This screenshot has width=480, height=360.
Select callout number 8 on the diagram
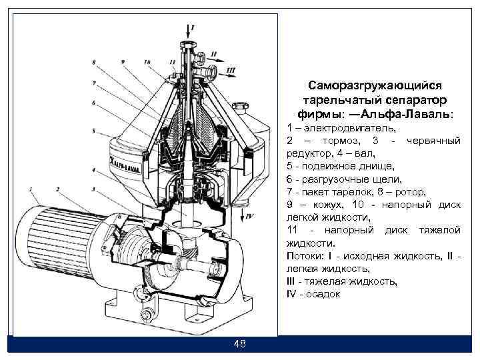point(94,63)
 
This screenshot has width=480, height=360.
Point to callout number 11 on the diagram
point(173,62)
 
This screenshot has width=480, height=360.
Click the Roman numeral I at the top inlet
point(193,27)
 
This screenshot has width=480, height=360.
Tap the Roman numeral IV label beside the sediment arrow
point(250,217)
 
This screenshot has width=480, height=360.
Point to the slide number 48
point(240,344)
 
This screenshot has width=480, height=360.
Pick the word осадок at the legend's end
point(323,294)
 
